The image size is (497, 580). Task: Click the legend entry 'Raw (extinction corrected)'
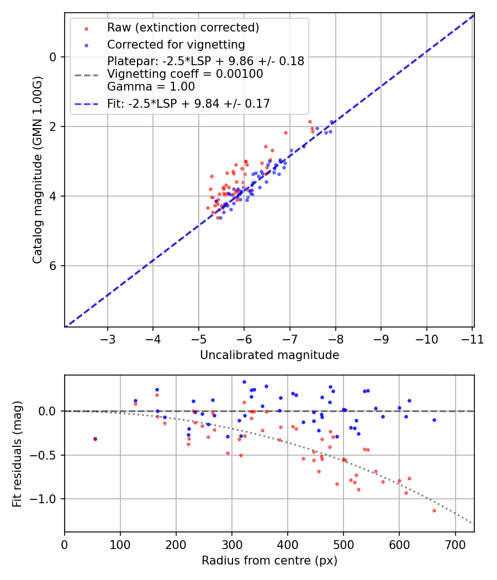pos(183,28)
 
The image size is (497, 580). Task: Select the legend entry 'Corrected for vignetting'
pos(176,44)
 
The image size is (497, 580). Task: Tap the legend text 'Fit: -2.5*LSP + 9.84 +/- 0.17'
pos(188,103)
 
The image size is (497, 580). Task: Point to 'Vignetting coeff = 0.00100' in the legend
pos(185,74)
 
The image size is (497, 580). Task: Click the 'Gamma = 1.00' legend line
pos(151,87)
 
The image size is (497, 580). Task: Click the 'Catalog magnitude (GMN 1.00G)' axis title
pos(37,169)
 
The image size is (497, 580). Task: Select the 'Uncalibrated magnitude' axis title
pos(269,355)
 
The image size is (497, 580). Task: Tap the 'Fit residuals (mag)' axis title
pos(17,453)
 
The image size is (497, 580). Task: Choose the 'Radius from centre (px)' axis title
pos(269,561)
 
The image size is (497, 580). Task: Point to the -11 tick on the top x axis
pos(472,339)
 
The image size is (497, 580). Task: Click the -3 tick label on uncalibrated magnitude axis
pos(108,339)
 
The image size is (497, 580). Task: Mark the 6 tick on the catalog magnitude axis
pos(53,266)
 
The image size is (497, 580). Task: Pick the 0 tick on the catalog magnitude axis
pos(53,57)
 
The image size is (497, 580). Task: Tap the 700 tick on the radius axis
pos(455,544)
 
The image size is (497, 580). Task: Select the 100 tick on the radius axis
pos(120,544)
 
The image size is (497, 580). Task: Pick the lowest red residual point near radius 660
pos(434,510)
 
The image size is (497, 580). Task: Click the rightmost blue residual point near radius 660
pos(434,420)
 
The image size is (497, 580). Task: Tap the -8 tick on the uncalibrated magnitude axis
pos(336,339)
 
